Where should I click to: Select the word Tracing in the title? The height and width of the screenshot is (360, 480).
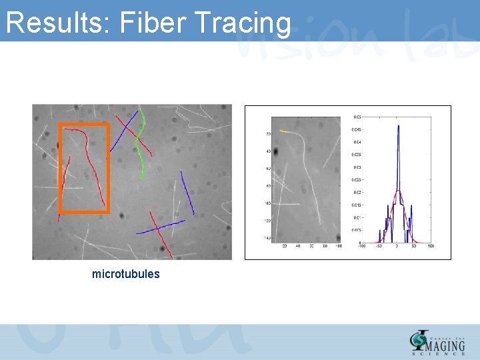[x=243, y=23]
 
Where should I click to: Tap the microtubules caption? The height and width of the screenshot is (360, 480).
[x=126, y=274]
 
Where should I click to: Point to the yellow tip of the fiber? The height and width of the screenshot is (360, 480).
[x=283, y=131]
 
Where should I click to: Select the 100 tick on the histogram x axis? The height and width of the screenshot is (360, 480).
[x=430, y=247]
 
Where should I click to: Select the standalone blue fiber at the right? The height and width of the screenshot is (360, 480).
[x=187, y=193]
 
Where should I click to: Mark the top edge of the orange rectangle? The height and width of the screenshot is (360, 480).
[x=84, y=125]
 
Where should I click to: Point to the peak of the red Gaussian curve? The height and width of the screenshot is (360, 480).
[x=397, y=191]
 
